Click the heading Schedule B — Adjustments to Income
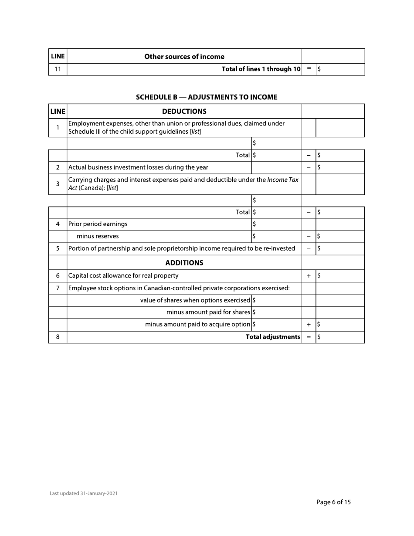[x=207, y=97]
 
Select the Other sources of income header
[x=184, y=56]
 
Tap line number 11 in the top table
[x=58, y=69]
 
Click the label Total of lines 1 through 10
[x=261, y=69]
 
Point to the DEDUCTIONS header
[x=184, y=112]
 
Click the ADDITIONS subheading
[x=184, y=263]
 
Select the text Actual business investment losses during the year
[x=138, y=167]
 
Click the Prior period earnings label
[x=98, y=224]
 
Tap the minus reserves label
[x=97, y=236]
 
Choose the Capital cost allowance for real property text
[x=123, y=275]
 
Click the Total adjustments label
[x=273, y=337]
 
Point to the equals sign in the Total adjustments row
[x=309, y=337]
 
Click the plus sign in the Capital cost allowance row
[x=309, y=276]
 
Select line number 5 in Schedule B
[x=58, y=248]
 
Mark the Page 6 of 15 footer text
[x=333, y=502]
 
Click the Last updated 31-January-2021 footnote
[x=83, y=493]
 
